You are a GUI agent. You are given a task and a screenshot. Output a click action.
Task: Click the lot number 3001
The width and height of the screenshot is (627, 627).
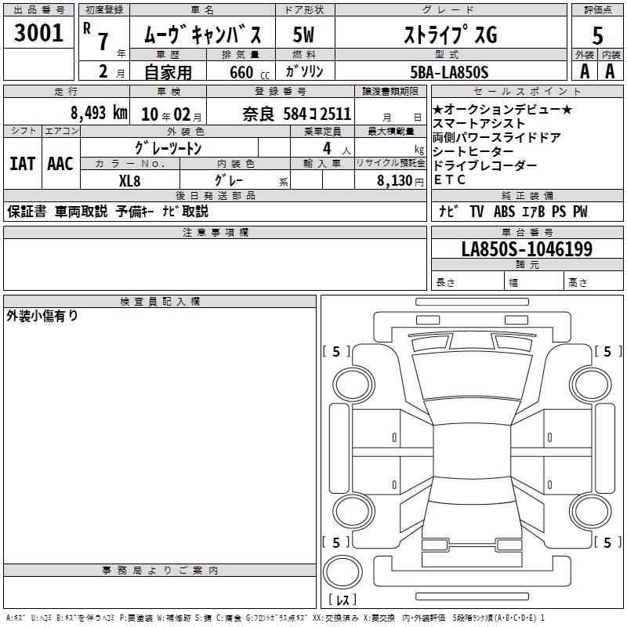point(38,33)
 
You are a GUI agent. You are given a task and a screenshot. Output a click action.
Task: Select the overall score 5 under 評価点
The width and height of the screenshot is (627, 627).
point(597,35)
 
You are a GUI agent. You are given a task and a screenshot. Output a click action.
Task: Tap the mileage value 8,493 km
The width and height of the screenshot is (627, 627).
point(99,113)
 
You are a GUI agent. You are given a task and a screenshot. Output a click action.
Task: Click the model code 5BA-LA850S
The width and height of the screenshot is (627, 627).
point(449,72)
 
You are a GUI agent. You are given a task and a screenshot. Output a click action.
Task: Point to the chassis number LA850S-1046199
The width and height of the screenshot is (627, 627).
point(527,248)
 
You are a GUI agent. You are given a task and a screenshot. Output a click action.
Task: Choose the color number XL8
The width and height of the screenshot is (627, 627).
point(129,181)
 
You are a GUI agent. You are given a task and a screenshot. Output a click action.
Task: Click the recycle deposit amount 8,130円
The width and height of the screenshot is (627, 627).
point(400,181)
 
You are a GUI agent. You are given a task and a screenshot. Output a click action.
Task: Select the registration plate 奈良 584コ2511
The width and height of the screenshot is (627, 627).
point(297,114)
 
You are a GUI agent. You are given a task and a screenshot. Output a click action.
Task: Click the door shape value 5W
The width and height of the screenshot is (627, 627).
point(303,34)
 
